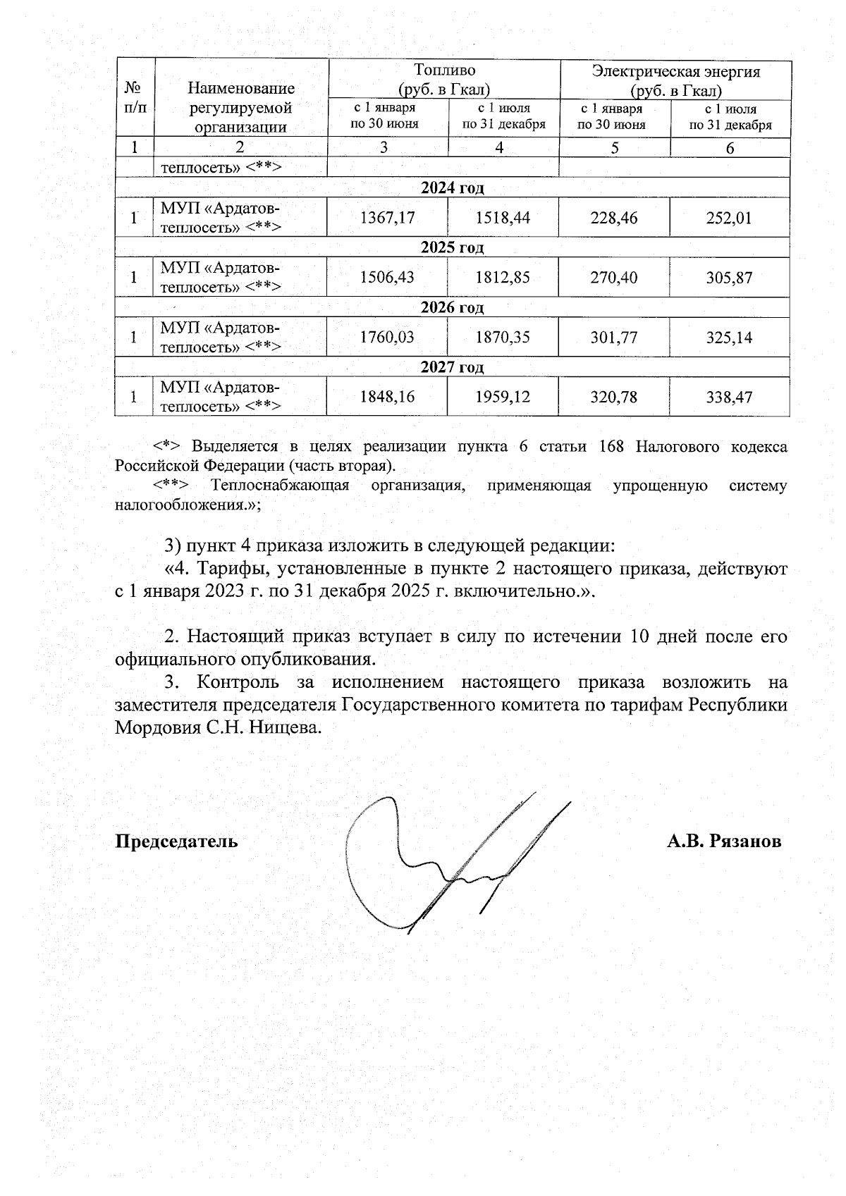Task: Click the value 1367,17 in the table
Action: pyautogui.click(x=387, y=218)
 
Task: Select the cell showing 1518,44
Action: pyautogui.click(x=503, y=218)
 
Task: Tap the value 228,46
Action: pyautogui.click(x=614, y=218)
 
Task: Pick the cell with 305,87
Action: pyautogui.click(x=729, y=278)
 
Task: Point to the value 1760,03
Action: pyautogui.click(x=387, y=338)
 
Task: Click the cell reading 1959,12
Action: pyautogui.click(x=503, y=397)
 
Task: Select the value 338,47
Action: pyautogui.click(x=729, y=397)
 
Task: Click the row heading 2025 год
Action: pyautogui.click(x=452, y=247)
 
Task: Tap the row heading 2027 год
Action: pyautogui.click(x=452, y=367)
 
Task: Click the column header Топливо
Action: pyautogui.click(x=444, y=70)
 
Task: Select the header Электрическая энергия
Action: pyautogui.click(x=675, y=71)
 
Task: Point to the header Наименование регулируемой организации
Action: pyautogui.click(x=240, y=108)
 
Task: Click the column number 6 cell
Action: pyautogui.click(x=730, y=148)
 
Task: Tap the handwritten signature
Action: pyautogui.click(x=444, y=863)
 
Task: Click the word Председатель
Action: pyautogui.click(x=176, y=841)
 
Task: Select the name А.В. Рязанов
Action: pyautogui.click(x=724, y=841)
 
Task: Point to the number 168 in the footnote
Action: pyautogui.click(x=611, y=447)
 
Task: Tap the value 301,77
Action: pyautogui.click(x=614, y=338)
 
